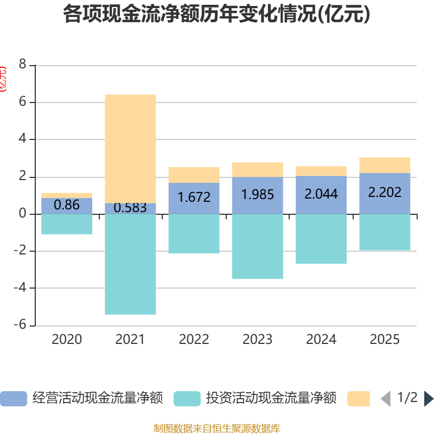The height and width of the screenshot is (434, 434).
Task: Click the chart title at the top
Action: click(216, 15)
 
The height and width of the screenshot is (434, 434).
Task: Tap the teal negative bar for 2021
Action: click(130, 264)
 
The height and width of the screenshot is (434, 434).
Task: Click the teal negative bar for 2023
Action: click(258, 247)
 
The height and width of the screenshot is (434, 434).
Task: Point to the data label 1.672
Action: click(194, 197)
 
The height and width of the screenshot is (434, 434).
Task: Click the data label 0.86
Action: click(67, 205)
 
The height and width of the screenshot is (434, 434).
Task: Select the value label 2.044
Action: click(321, 194)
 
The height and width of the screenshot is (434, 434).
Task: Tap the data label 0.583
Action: click(130, 208)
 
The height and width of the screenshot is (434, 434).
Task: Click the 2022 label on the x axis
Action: click(194, 340)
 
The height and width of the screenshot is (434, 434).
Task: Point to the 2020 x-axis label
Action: click(67, 340)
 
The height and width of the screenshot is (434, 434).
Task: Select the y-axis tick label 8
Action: click(22, 65)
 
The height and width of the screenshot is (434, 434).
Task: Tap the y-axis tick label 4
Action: click(22, 139)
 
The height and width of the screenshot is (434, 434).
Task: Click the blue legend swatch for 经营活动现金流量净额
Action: click(13, 399)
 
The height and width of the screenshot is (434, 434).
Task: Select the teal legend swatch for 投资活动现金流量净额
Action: click(187, 399)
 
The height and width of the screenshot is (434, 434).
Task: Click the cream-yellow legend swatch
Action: click(358, 399)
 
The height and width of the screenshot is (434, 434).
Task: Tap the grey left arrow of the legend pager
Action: click(386, 399)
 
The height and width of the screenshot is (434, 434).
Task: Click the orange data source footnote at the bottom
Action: click(216, 429)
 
